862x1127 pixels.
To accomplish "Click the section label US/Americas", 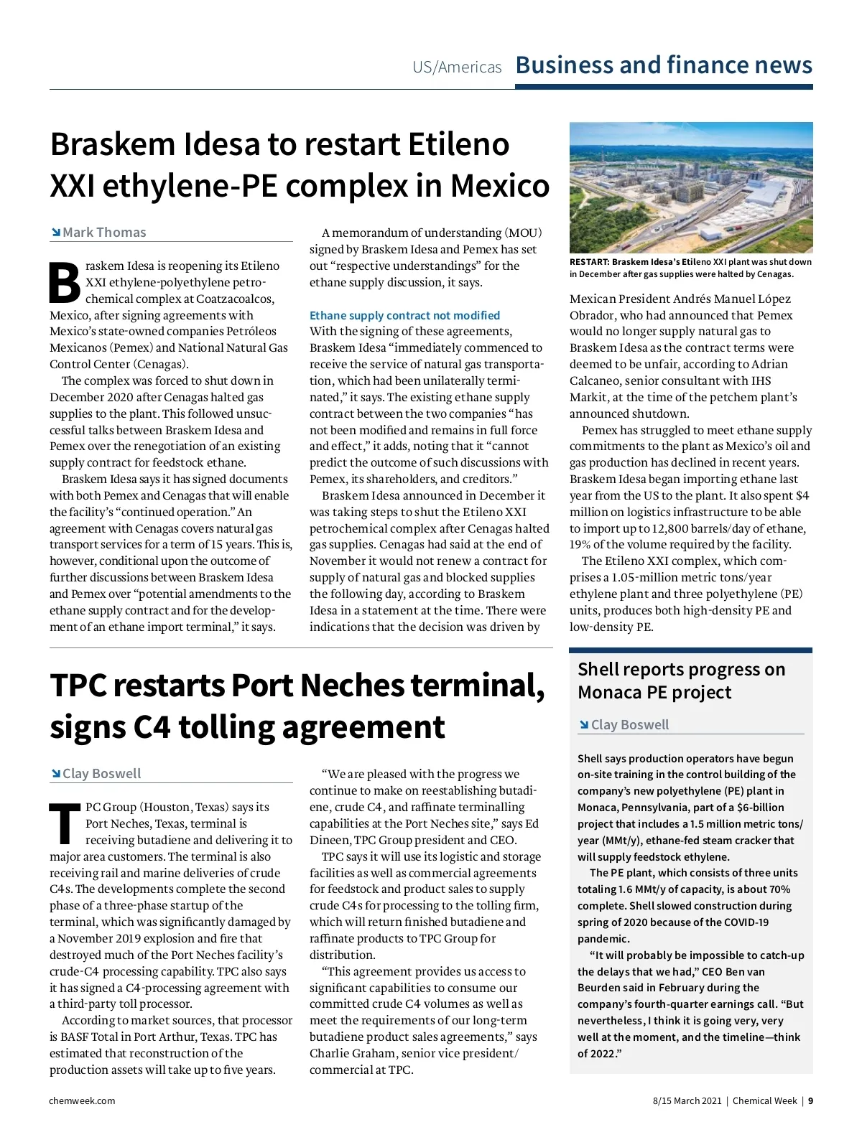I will click(457, 67).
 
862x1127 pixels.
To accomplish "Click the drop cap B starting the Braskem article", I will click(65, 283).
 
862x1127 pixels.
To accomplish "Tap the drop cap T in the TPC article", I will click(65, 823).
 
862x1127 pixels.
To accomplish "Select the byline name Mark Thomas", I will click(104, 233).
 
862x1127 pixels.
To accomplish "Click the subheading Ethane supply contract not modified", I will click(404, 315).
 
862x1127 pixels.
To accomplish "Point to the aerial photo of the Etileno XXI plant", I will click(690, 187).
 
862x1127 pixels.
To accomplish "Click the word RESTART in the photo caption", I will click(589, 262).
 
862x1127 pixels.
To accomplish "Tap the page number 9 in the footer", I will click(810, 1100).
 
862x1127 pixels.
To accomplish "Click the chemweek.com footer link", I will click(82, 1100).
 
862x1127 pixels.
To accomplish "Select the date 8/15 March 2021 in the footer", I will click(687, 1100).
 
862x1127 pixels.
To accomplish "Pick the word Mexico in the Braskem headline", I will click(500, 186).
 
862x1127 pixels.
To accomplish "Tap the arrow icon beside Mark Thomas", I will click(55, 233).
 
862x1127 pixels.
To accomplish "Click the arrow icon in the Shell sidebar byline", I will click(584, 725).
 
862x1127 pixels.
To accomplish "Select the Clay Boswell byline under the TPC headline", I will click(101, 774).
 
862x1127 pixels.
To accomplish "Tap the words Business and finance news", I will click(664, 65).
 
